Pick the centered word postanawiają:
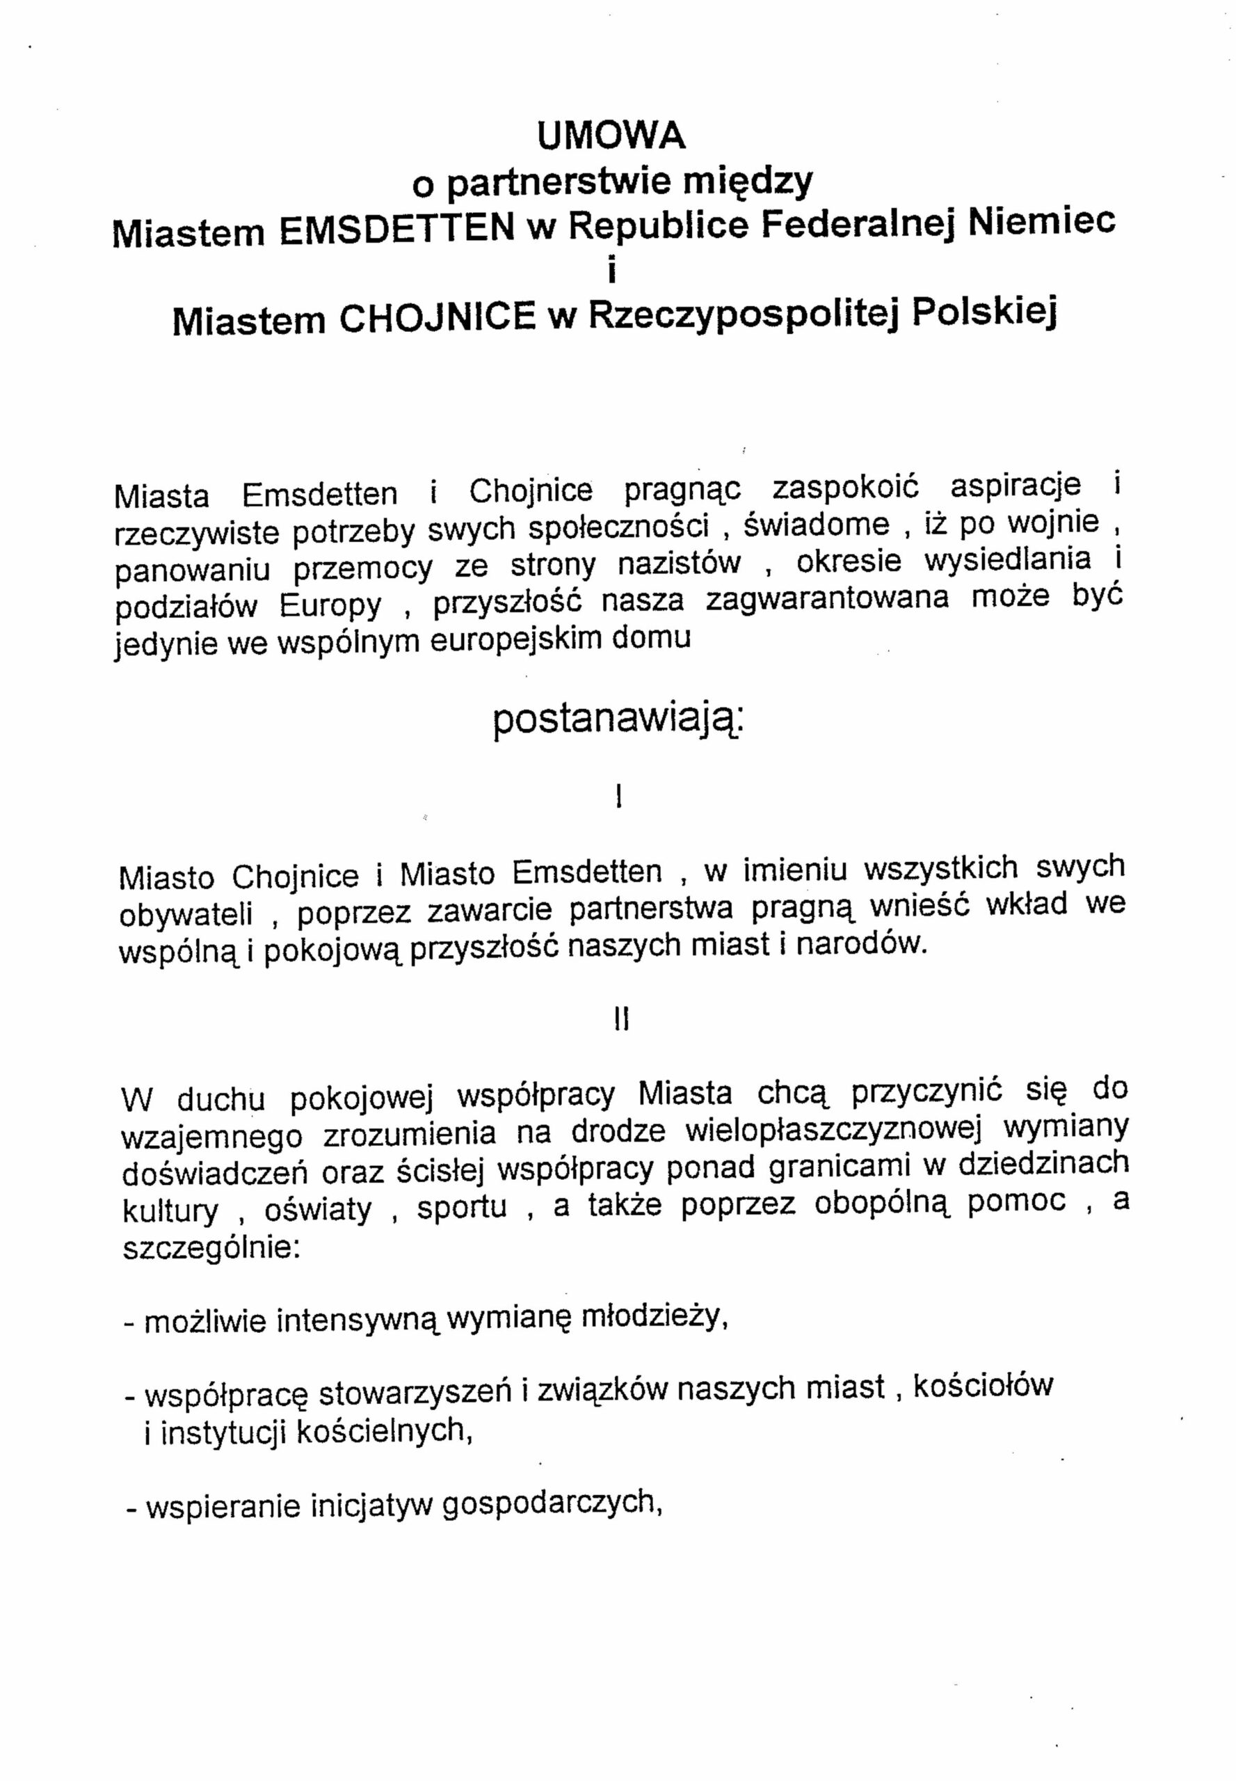[617, 721]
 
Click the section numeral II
[621, 1021]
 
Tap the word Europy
[330, 605]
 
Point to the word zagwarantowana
[827, 600]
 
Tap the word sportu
[463, 1208]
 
